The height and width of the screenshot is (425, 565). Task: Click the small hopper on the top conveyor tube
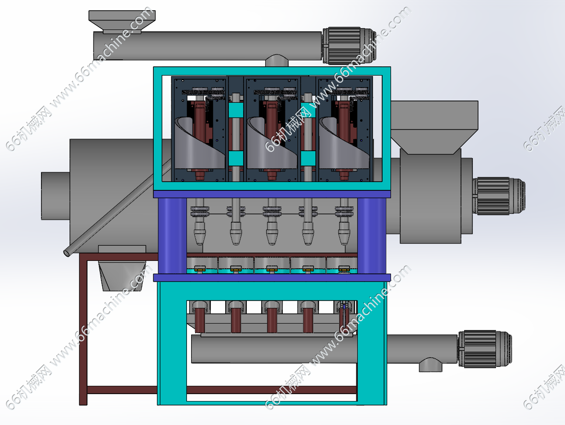click(122, 22)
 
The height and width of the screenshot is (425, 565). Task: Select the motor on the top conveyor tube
click(349, 46)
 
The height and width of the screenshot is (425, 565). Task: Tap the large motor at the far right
click(499, 196)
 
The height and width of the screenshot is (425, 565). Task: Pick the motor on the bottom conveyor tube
click(485, 349)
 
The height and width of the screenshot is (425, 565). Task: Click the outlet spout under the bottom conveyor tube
click(431, 365)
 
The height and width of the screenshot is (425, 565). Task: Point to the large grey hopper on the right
click(435, 128)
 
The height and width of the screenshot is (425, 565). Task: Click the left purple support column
click(172, 236)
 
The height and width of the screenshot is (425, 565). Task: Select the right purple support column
click(372, 236)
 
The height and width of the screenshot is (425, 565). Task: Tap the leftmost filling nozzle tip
click(199, 238)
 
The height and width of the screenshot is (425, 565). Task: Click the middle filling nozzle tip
click(272, 238)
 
